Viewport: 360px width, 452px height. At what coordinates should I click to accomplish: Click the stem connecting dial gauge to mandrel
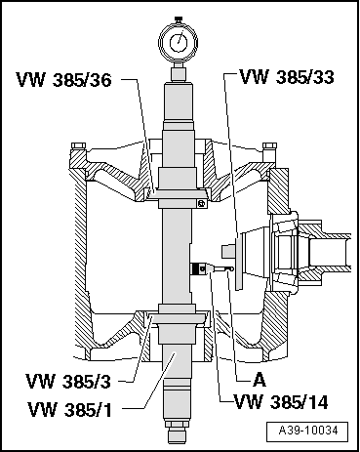(x=180, y=72)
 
